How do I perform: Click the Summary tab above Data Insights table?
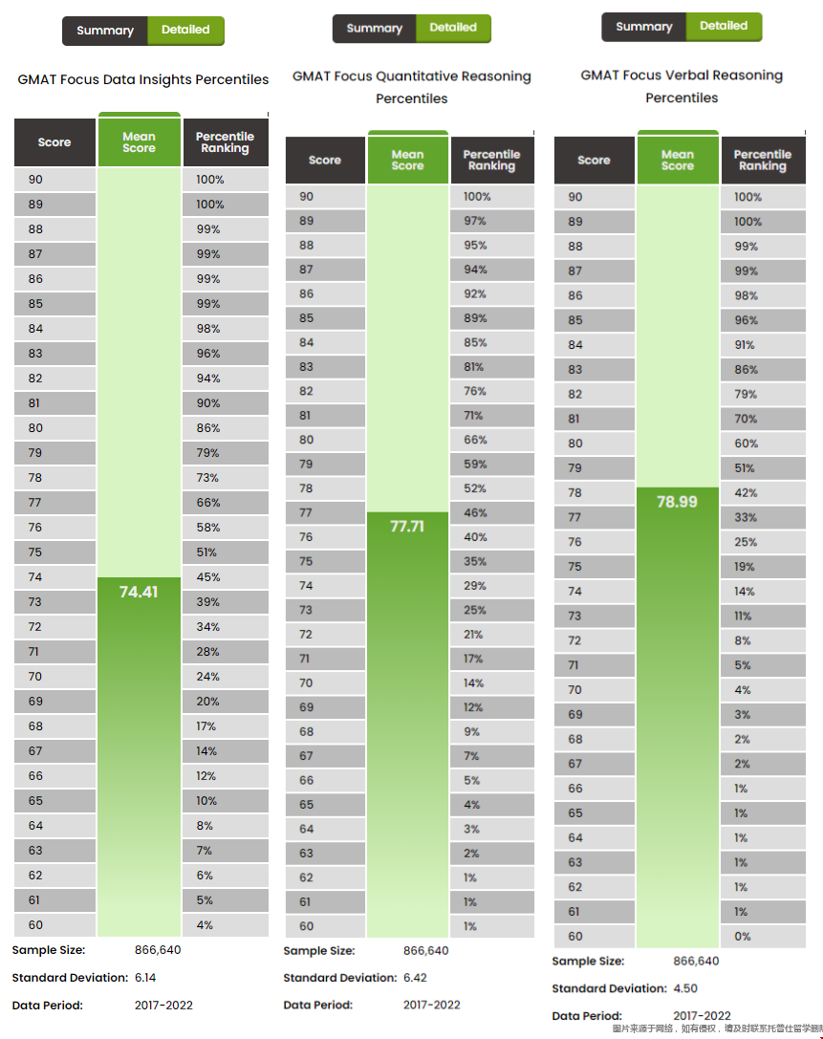point(105,31)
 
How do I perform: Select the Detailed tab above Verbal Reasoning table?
point(724,27)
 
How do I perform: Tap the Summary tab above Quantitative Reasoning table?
point(375,29)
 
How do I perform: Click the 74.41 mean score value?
point(139,593)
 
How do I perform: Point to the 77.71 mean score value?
point(407,526)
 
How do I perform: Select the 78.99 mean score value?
point(677,502)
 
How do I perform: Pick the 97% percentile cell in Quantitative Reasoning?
point(475,221)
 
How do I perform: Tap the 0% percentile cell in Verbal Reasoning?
point(743,937)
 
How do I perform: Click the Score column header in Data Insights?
point(54,142)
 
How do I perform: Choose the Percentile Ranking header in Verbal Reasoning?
point(762,161)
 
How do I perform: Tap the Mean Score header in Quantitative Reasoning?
point(407,161)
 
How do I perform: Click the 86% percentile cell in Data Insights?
point(208,428)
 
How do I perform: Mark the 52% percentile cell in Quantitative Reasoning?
point(475,488)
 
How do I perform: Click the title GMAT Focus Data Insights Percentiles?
point(143,79)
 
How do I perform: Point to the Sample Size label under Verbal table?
point(587,962)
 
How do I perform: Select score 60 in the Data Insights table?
point(35,925)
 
